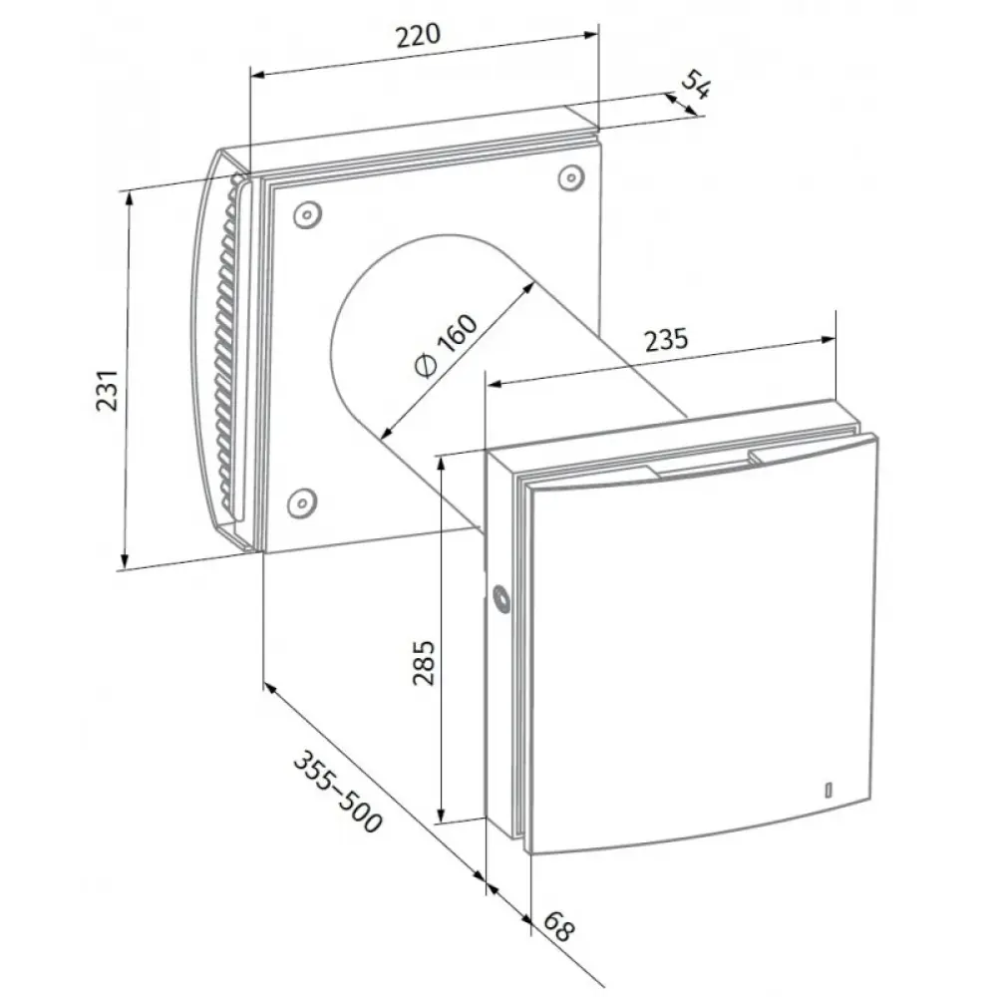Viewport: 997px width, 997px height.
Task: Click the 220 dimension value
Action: click(418, 36)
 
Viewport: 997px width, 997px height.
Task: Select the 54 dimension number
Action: click(696, 84)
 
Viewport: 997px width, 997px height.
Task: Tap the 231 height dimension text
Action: click(108, 390)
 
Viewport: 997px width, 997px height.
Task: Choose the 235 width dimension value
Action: click(666, 340)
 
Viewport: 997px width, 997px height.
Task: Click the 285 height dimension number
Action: click(424, 663)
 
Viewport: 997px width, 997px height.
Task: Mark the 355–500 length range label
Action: click(338, 792)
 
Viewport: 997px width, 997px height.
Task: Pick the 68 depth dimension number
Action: click(559, 927)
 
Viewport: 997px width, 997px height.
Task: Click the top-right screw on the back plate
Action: click(571, 178)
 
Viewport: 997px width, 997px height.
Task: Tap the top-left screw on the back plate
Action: click(307, 215)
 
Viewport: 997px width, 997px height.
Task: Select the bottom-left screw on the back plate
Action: click(302, 503)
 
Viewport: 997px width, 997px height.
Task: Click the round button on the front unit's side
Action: click(501, 598)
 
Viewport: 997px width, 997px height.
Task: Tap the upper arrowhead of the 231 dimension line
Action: click(130, 197)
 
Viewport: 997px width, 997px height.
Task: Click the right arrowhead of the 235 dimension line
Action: click(828, 340)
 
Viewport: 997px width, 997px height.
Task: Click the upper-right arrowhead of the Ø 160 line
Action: click(528, 288)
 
